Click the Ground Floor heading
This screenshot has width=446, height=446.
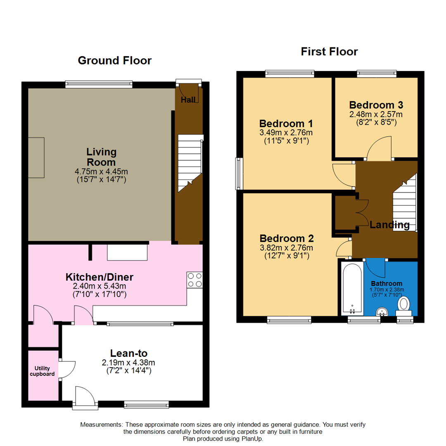click(115, 61)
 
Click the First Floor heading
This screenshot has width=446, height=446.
click(329, 52)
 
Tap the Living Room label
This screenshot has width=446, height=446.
click(101, 157)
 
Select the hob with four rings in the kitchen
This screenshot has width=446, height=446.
click(195, 280)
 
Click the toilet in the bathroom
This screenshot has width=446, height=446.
click(403, 305)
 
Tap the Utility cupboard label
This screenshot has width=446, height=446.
click(44, 371)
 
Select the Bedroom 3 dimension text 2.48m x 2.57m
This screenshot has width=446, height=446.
click(375, 114)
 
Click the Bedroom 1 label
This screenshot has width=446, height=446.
click(286, 123)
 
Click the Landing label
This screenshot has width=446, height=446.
click(389, 225)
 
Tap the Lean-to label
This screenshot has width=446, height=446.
click(128, 353)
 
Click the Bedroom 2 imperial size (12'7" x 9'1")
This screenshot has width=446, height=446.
click(287, 256)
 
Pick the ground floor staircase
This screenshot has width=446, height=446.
click(190, 165)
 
